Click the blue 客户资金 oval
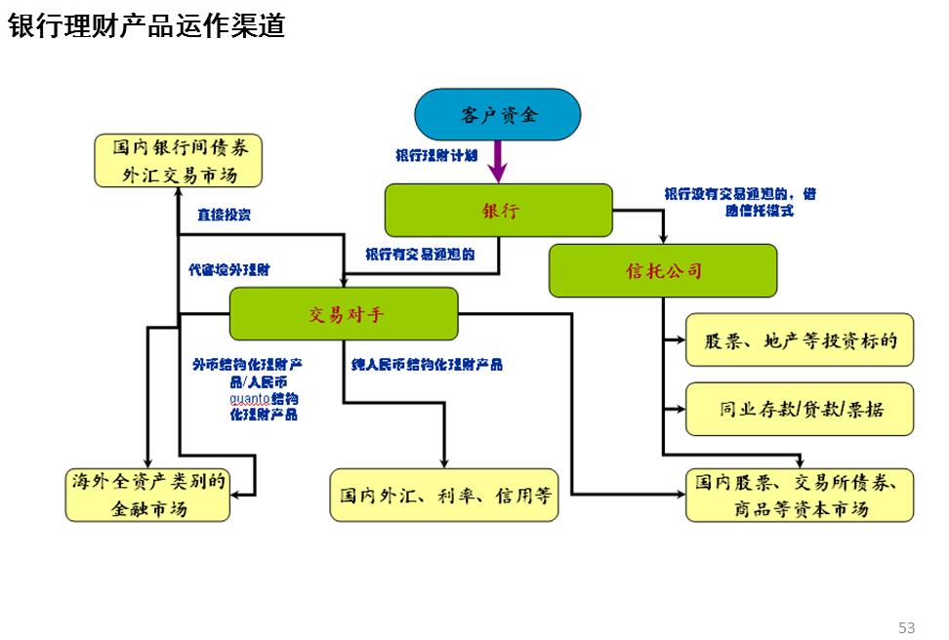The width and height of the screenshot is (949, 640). [498, 115]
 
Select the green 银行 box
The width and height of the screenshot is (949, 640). [499, 211]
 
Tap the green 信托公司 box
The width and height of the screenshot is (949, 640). [663, 270]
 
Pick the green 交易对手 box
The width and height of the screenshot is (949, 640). [344, 314]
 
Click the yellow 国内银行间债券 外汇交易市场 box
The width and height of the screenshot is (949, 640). [179, 161]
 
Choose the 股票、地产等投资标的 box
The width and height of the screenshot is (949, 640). [800, 340]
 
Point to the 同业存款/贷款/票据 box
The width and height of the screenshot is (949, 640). [800, 409]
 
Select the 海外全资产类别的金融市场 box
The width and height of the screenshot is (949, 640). [147, 495]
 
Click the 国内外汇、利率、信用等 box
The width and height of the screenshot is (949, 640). [445, 495]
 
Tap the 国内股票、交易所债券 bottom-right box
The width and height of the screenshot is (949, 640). [800, 495]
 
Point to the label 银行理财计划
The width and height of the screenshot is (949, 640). [435, 155]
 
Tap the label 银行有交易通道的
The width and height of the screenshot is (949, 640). [420, 255]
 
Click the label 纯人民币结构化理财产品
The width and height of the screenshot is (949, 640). [427, 364]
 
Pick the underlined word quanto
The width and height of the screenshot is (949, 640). [249, 398]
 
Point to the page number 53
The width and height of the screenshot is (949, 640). [906, 626]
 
